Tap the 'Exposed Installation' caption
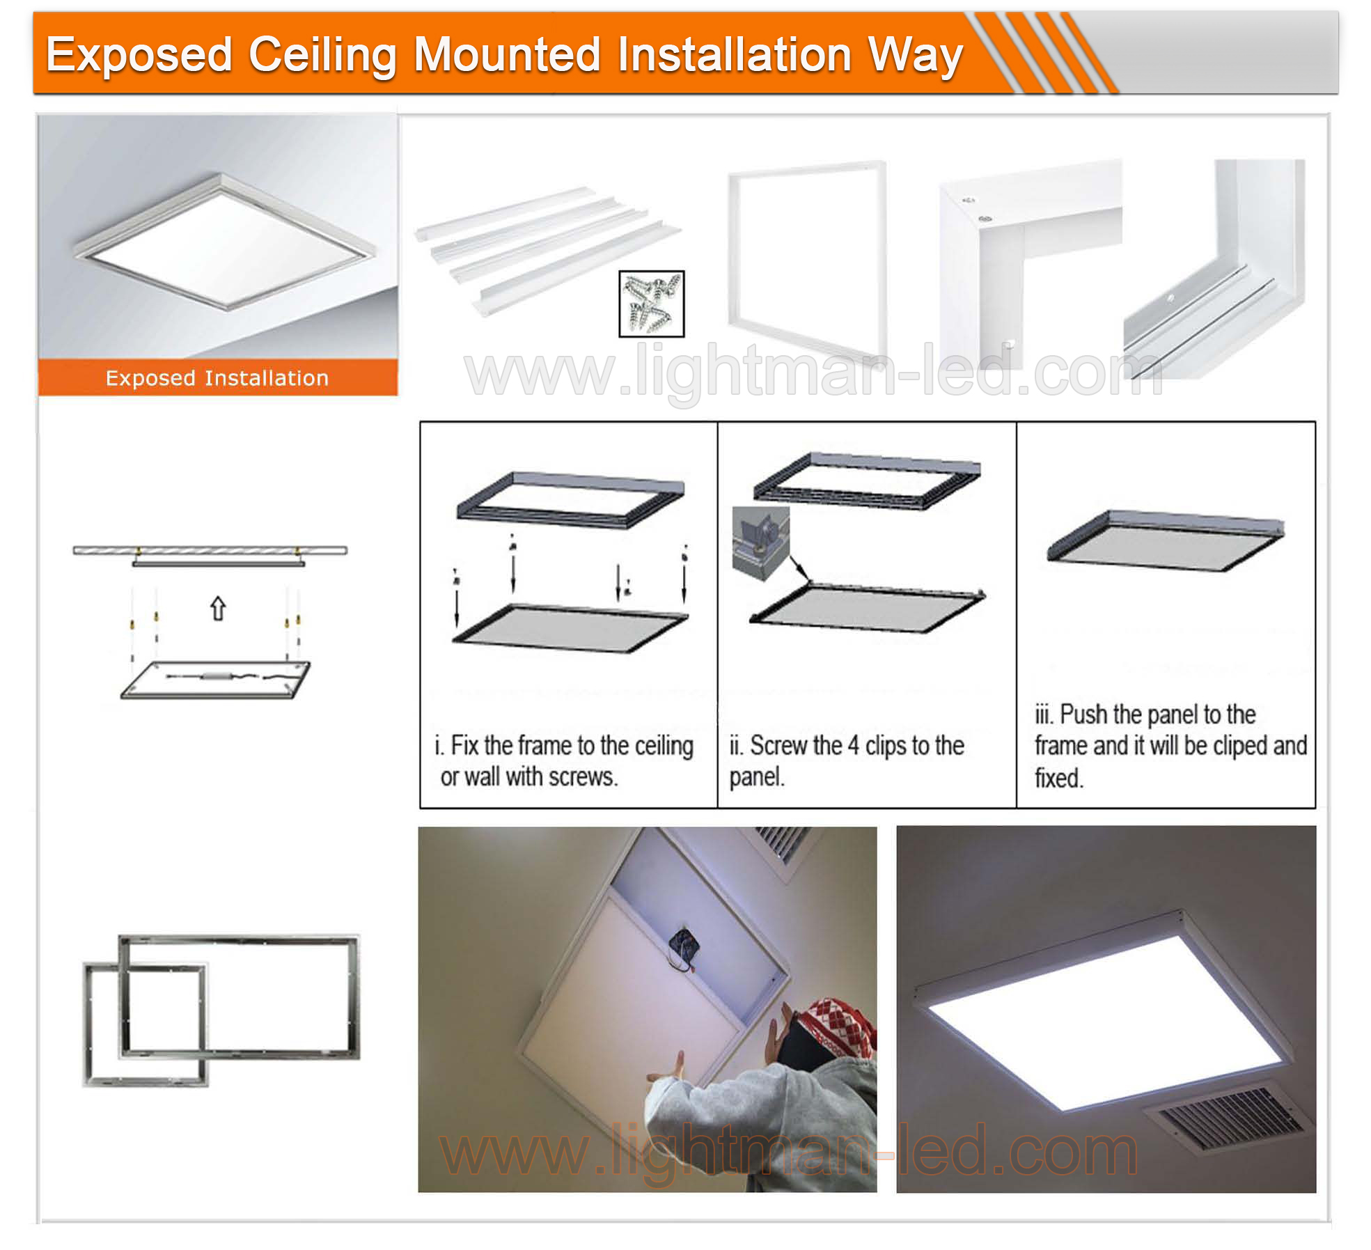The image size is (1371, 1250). coord(217,378)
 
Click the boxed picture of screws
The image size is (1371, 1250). coord(651,304)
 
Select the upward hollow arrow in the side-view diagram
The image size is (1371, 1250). coord(218,608)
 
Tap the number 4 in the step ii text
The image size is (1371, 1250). coord(853,746)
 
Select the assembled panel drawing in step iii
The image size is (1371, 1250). coord(1166,540)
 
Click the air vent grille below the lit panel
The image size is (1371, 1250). coord(1231,1121)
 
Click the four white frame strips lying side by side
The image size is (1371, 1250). coord(547,247)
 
